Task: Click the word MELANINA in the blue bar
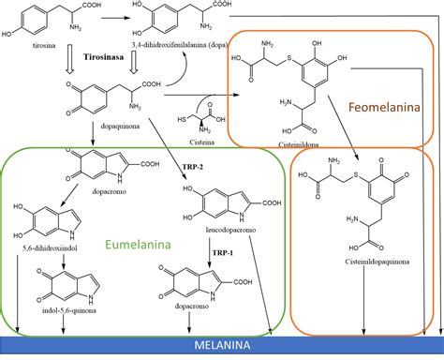pos(221,346)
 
